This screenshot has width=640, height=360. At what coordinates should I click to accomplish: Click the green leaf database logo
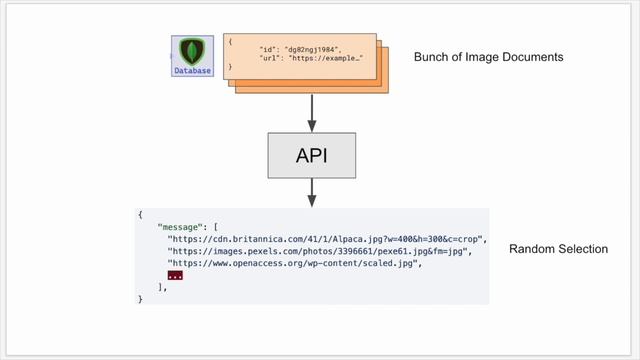(x=192, y=51)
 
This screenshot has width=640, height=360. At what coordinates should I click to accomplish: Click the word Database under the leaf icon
(x=192, y=71)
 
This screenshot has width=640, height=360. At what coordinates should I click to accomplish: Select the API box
(x=312, y=156)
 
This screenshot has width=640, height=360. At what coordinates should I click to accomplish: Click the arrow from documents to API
(x=312, y=112)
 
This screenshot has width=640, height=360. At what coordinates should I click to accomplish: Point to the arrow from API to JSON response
(x=312, y=193)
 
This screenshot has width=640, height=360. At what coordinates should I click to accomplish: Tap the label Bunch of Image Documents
(x=488, y=57)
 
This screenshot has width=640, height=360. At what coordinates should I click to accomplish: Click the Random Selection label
(x=558, y=249)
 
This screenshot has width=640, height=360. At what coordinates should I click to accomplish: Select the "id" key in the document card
(x=268, y=48)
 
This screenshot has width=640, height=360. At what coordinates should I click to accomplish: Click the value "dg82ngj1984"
(x=312, y=48)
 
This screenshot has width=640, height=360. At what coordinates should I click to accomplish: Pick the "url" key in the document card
(x=270, y=58)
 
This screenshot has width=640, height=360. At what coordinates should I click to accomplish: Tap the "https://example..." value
(x=325, y=58)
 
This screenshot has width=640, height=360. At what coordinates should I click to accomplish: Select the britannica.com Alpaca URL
(x=326, y=239)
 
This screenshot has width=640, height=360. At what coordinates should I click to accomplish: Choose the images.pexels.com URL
(x=318, y=251)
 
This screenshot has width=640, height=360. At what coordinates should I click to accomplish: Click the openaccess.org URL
(x=294, y=263)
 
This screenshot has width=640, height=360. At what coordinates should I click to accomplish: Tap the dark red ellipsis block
(x=174, y=275)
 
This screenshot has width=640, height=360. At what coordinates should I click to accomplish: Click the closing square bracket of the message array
(x=160, y=287)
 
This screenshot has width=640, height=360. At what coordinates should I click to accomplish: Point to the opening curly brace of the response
(x=141, y=215)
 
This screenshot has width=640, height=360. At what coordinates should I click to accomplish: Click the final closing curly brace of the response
(x=141, y=298)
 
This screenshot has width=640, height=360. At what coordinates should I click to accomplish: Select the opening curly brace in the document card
(x=230, y=41)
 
